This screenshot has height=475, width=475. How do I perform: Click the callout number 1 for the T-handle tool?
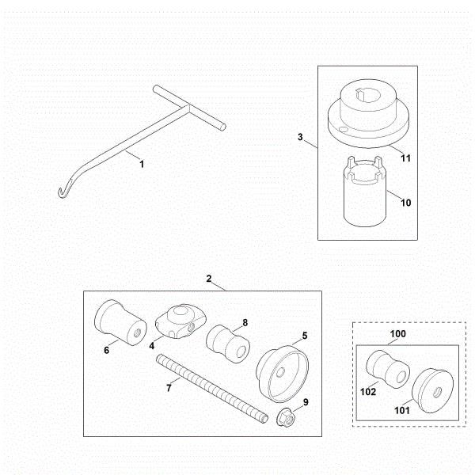[142, 164]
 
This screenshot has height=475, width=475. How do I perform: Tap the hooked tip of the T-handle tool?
[60, 193]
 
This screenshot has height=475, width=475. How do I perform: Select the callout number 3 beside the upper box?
[300, 137]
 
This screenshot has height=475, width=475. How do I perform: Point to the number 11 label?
[405, 158]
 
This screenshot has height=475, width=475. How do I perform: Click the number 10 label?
[406, 203]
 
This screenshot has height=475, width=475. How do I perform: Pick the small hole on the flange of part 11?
[343, 130]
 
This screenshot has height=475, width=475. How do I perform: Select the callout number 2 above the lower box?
[209, 279]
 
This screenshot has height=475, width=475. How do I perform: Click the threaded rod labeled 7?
[212, 389]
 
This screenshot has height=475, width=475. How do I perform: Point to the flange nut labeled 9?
[286, 417]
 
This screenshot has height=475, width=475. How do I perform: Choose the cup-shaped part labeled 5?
[282, 374]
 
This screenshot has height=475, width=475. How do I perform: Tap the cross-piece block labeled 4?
[180, 321]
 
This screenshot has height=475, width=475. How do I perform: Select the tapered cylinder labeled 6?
[120, 322]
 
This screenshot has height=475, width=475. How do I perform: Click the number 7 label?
[169, 388]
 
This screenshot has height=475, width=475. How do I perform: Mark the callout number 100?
[397, 334]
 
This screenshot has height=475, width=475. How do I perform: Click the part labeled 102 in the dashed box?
[388, 369]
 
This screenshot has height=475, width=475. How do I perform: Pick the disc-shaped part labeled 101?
[432, 390]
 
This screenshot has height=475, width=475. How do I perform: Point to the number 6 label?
[106, 350]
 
